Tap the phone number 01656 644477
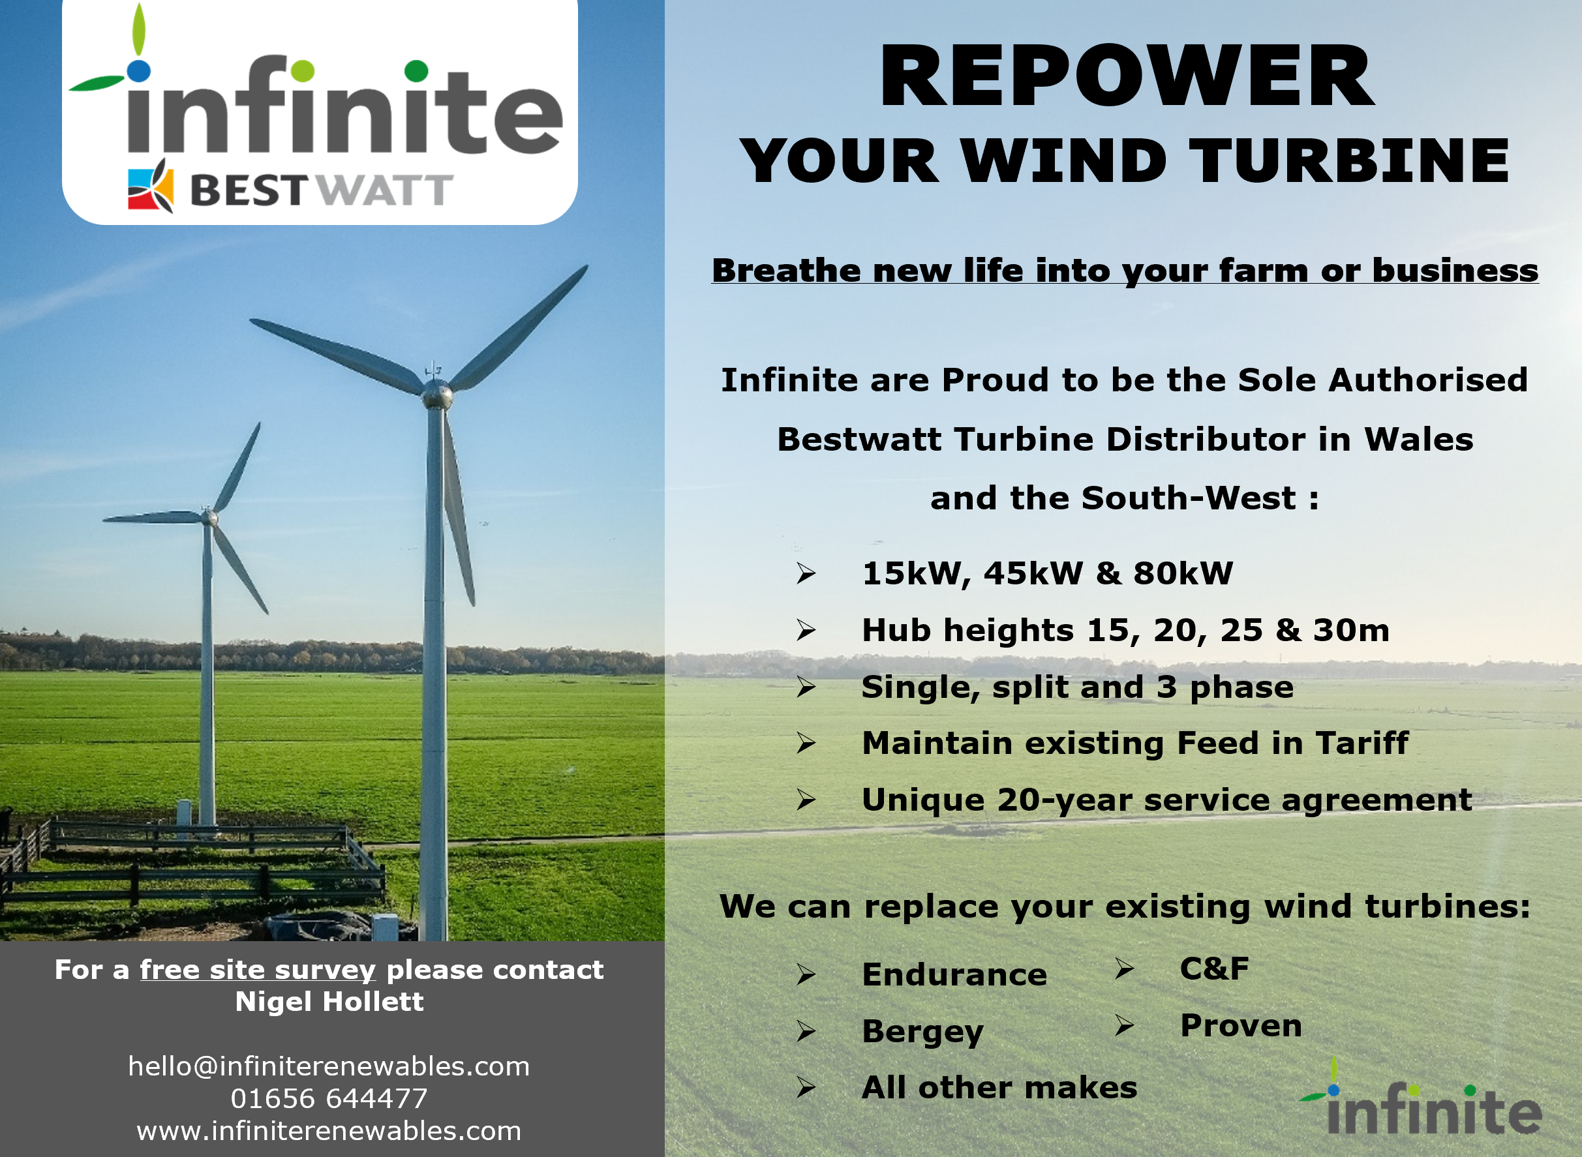[x=329, y=1098]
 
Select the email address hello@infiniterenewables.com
[x=329, y=1066]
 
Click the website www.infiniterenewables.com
[x=329, y=1130]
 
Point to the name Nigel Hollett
[x=329, y=1002]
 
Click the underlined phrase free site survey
[x=258, y=970]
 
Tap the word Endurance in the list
[x=954, y=974]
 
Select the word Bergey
[x=922, y=1032]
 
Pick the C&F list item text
[x=1214, y=969]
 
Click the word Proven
[x=1241, y=1025]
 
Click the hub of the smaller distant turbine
[x=209, y=518]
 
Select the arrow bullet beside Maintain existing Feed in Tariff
[x=806, y=743]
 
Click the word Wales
[x=1419, y=439]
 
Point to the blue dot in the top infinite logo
[x=139, y=70]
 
